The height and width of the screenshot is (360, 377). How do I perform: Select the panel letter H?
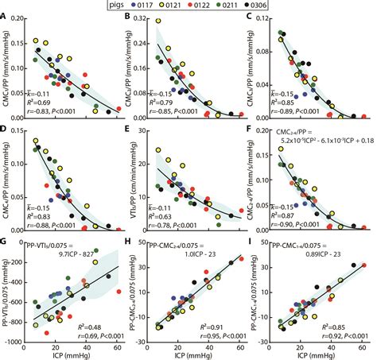click(x=130, y=240)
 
